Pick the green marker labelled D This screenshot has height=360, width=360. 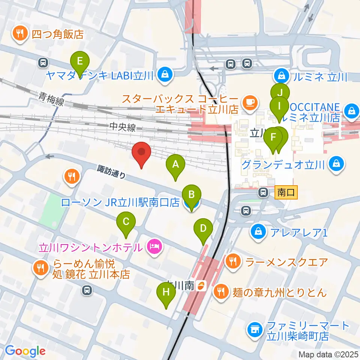pyautogui.click(x=203, y=228)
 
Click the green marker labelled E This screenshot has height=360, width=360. pyautogui.click(x=79, y=61)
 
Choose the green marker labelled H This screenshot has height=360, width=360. pyautogui.click(x=166, y=292)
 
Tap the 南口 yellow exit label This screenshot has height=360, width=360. pyautogui.click(x=286, y=193)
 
